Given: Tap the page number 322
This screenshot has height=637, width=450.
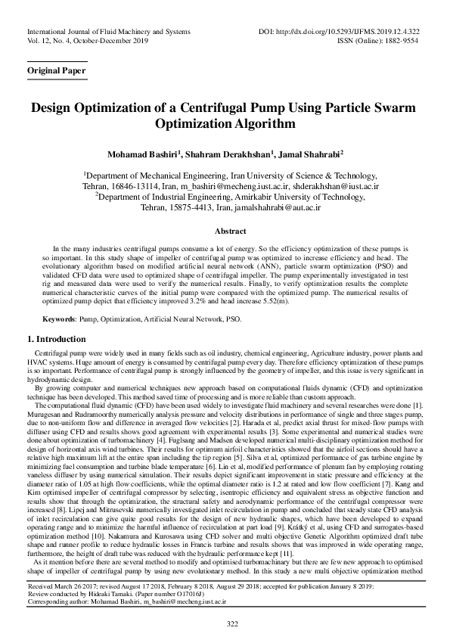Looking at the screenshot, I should pyautogui.click(x=225, y=623).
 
